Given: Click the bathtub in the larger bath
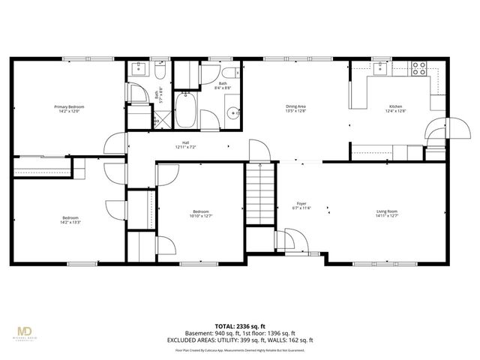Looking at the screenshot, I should (x=186, y=110).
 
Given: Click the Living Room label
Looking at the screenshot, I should (x=387, y=212).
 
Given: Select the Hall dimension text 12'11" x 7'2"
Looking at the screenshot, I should (x=185, y=147).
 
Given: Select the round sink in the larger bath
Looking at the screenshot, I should (x=233, y=113).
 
